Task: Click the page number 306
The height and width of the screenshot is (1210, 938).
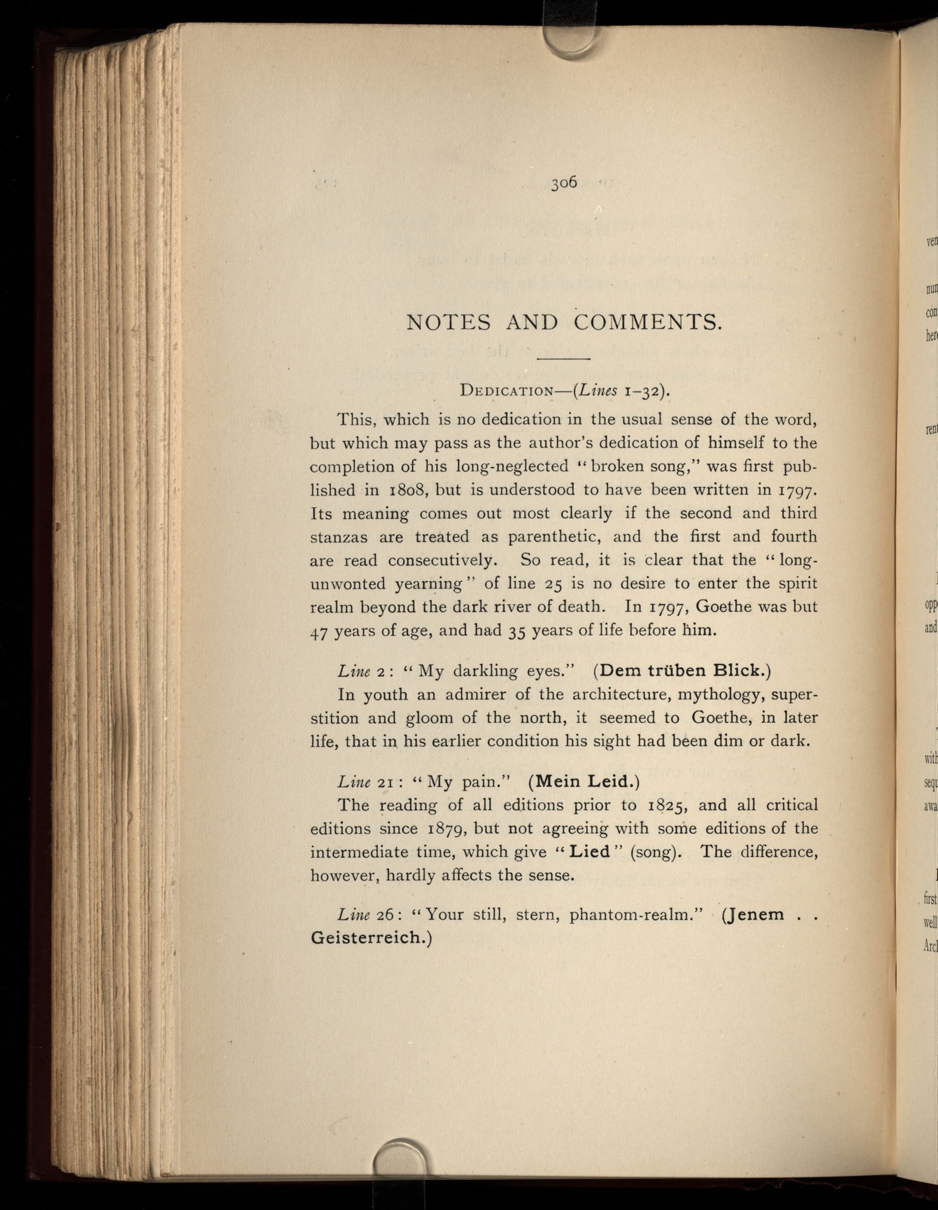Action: pyautogui.click(x=563, y=182)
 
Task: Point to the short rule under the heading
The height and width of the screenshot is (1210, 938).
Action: pyautogui.click(x=563, y=359)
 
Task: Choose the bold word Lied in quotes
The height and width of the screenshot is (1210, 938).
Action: pyautogui.click(x=590, y=851)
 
